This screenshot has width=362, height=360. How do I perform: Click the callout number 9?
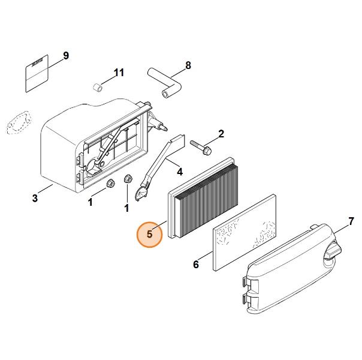pyautogui.click(x=66, y=56)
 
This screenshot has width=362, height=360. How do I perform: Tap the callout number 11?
pyautogui.click(x=119, y=73)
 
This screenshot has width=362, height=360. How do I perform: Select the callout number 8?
pyautogui.click(x=188, y=65)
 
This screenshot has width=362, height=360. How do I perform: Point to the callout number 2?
pyautogui.click(x=221, y=134)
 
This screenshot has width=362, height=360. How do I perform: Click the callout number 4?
pyautogui.click(x=180, y=172)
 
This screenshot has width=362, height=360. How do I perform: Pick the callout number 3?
pyautogui.click(x=35, y=198)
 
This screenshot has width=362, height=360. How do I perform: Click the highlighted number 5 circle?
pyautogui.click(x=150, y=234)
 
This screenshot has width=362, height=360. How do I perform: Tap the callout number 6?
pyautogui.click(x=196, y=264)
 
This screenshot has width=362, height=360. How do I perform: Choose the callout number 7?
pyautogui.click(x=351, y=221)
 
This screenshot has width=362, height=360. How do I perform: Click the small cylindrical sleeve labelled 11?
pyautogui.click(x=98, y=88)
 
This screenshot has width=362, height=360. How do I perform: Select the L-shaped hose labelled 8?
pyautogui.click(x=165, y=83)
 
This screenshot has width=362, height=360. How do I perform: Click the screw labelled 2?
pyautogui.click(x=201, y=147)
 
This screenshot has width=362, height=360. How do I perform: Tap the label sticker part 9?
pyautogui.click(x=37, y=73)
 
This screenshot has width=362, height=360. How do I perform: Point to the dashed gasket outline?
pyautogui.click(x=18, y=122)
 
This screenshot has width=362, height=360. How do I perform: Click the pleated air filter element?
pyautogui.click(x=203, y=198)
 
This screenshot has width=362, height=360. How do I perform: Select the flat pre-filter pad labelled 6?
pyautogui.click(x=244, y=232)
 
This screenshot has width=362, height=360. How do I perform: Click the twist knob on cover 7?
pyautogui.click(x=332, y=252)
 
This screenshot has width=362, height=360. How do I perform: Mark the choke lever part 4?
pyautogui.click(x=160, y=167)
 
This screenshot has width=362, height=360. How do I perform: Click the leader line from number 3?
pyautogui.click(x=46, y=189)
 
